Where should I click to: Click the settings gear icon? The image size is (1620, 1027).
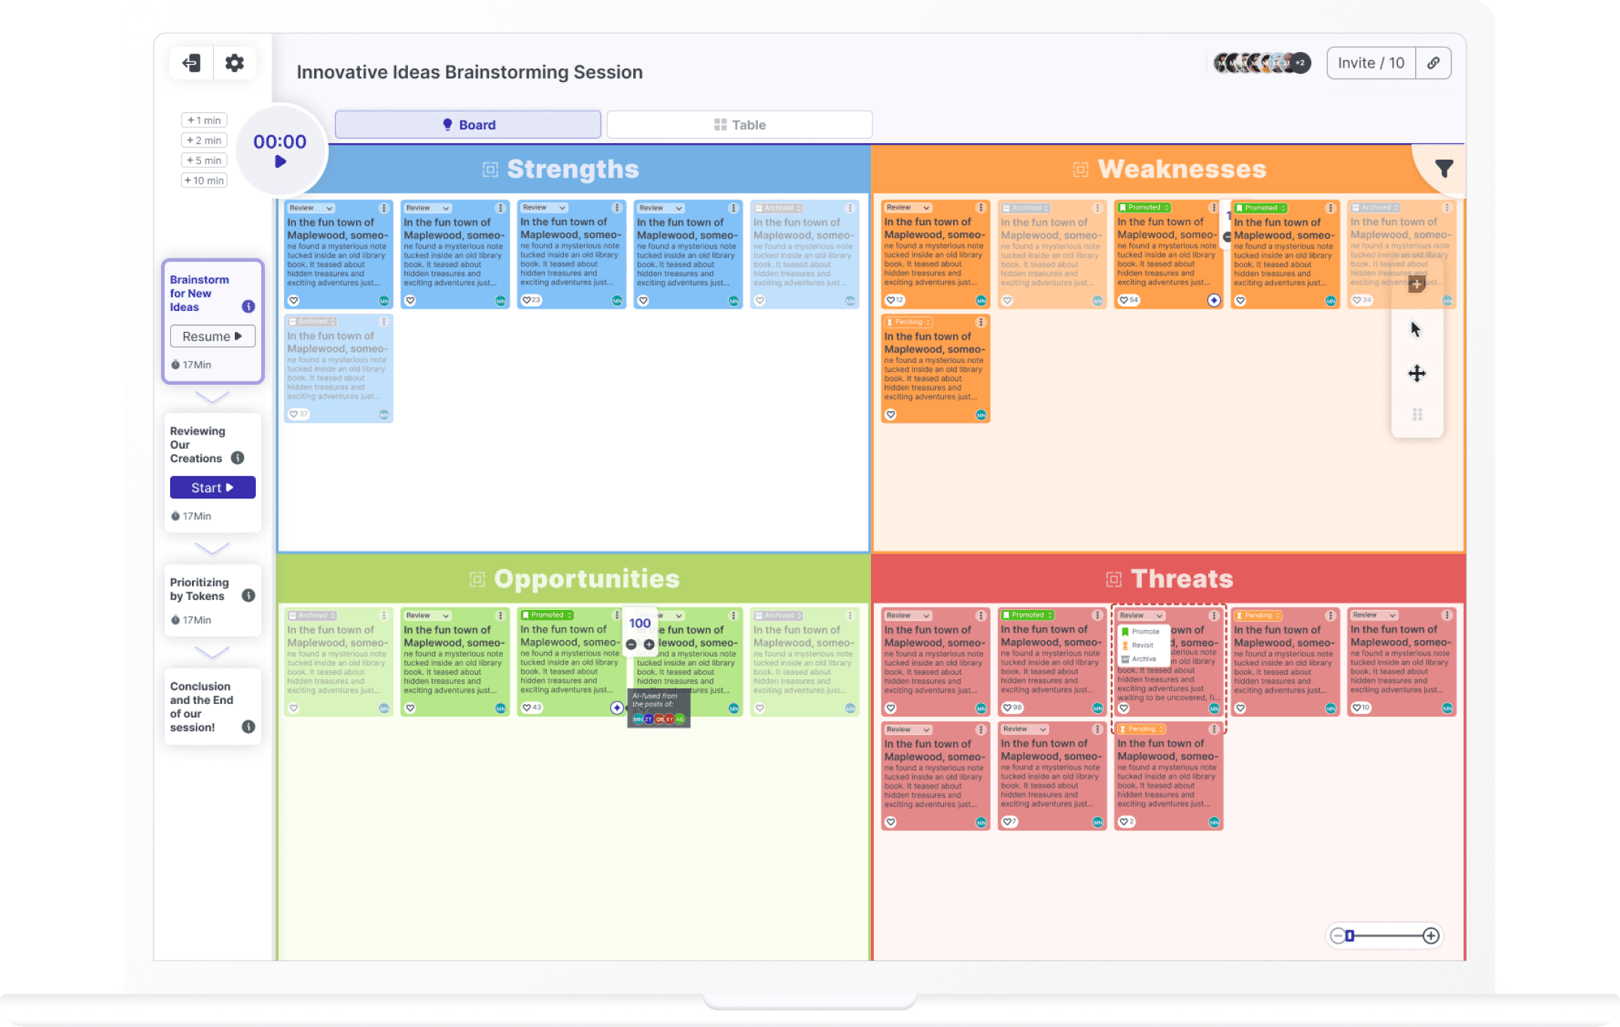click(234, 63)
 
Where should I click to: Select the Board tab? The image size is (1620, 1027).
click(467, 125)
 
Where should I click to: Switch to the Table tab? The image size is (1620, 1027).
click(739, 125)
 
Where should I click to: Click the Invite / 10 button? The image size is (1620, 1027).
click(1370, 63)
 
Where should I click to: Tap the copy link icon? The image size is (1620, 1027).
click(1433, 63)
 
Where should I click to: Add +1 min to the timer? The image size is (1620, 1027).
click(204, 120)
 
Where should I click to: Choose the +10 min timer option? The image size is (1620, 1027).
click(204, 181)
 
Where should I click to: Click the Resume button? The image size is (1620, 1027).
click(212, 337)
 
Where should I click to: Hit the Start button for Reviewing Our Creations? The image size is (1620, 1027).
click(212, 488)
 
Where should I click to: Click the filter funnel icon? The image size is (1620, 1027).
click(1443, 169)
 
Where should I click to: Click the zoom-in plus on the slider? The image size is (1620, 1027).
click(1430, 936)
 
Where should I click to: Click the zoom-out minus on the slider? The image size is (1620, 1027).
click(1337, 936)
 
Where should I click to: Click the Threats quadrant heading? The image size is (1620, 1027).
click(1181, 579)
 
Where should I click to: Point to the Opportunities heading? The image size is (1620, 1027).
click(586, 579)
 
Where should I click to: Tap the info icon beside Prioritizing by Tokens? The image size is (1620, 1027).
click(248, 596)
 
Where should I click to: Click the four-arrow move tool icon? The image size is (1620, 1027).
click(1417, 373)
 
